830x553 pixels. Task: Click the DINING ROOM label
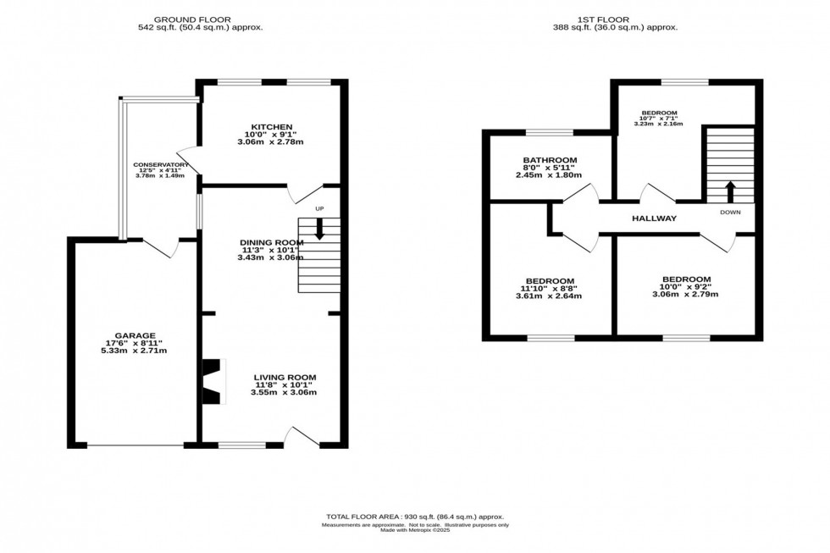(270, 242)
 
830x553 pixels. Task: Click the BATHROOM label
(550, 160)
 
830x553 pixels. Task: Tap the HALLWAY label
(655, 218)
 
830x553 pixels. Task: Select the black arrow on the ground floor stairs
(319, 229)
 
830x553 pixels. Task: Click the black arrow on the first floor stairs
(729, 191)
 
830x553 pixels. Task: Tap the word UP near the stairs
(319, 208)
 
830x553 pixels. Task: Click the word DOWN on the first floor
(730, 213)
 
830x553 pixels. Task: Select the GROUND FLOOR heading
(200, 18)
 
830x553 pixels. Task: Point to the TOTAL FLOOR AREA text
(414, 517)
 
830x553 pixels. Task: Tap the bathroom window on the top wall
(549, 132)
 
